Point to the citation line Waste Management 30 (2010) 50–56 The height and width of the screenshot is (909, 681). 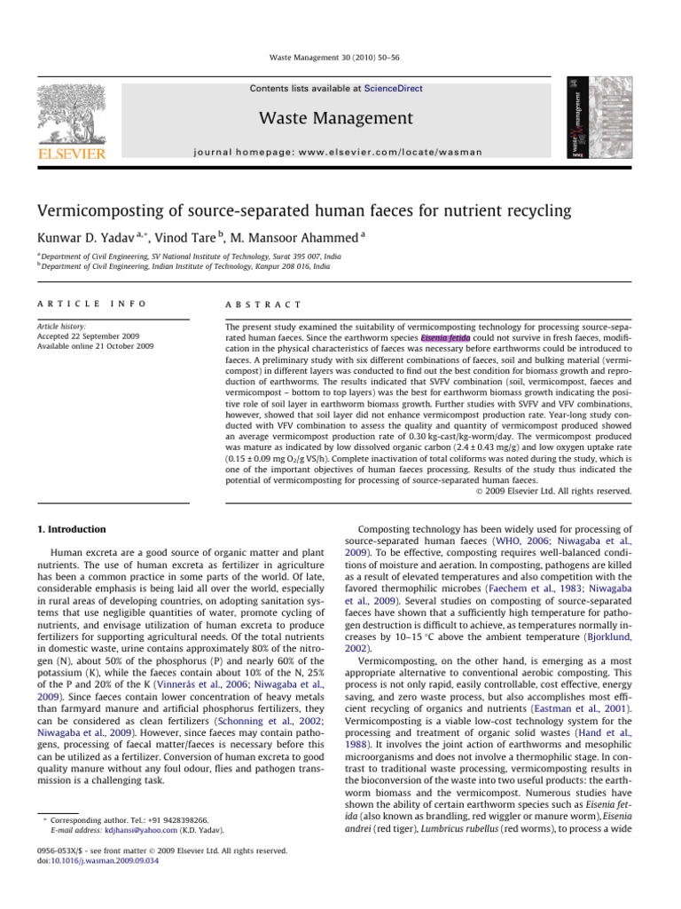(x=340, y=59)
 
